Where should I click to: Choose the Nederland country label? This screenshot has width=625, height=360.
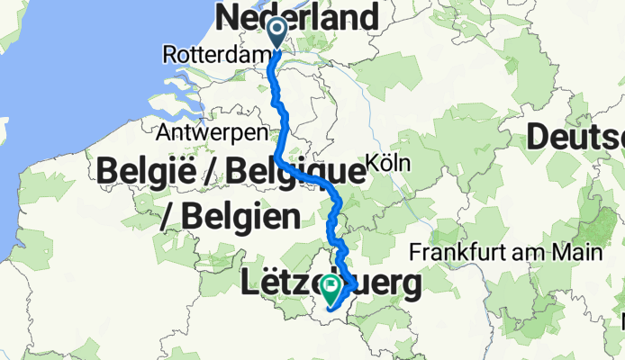(297, 16)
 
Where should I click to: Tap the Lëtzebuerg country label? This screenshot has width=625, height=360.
(332, 285)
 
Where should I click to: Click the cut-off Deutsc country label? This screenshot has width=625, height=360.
(576, 138)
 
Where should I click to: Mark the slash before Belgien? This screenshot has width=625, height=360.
(167, 216)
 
